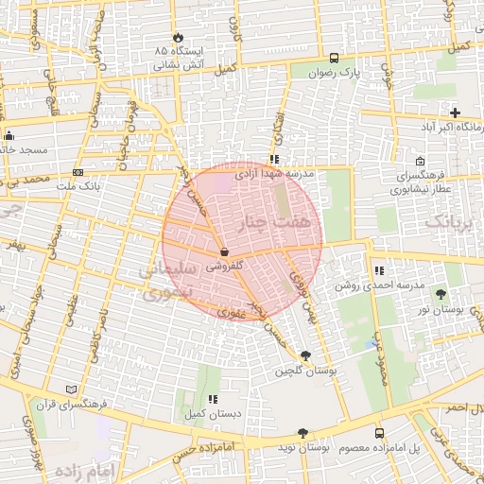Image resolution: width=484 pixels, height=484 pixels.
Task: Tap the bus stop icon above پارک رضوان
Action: (333, 57)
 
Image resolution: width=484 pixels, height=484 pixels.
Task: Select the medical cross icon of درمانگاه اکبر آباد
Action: (456, 112)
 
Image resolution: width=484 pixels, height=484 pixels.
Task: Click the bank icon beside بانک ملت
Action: (78, 172)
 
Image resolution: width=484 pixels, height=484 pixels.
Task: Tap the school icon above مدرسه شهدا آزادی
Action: (273, 160)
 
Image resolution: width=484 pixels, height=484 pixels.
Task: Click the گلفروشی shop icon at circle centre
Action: (223, 252)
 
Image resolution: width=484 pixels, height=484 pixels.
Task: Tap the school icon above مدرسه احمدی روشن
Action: (379, 270)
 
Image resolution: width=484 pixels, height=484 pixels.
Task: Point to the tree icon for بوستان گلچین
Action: (304, 355)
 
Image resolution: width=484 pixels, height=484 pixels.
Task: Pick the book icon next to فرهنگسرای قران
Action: (73, 389)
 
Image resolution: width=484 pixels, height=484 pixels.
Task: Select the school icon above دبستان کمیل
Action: (213, 399)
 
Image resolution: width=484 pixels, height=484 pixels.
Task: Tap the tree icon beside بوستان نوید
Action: (302, 432)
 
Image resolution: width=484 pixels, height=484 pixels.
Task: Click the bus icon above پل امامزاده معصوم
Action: (380, 431)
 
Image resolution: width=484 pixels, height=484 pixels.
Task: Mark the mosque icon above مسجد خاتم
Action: (9, 135)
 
